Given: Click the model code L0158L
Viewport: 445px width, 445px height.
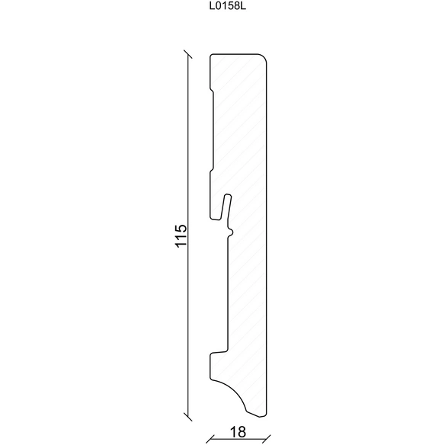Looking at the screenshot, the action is (228, 7).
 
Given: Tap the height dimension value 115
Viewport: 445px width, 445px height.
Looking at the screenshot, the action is (181, 236).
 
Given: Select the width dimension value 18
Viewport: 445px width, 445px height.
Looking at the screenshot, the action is (238, 432).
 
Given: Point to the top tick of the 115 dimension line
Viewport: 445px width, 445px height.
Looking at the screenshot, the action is (188, 54).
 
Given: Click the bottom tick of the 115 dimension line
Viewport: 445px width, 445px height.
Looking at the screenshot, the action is (188, 417).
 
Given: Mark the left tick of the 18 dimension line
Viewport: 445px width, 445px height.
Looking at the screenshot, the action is (210, 438).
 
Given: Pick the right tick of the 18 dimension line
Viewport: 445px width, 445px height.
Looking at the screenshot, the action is (267, 438).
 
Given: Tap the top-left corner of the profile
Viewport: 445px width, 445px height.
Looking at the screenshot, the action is (211, 55).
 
